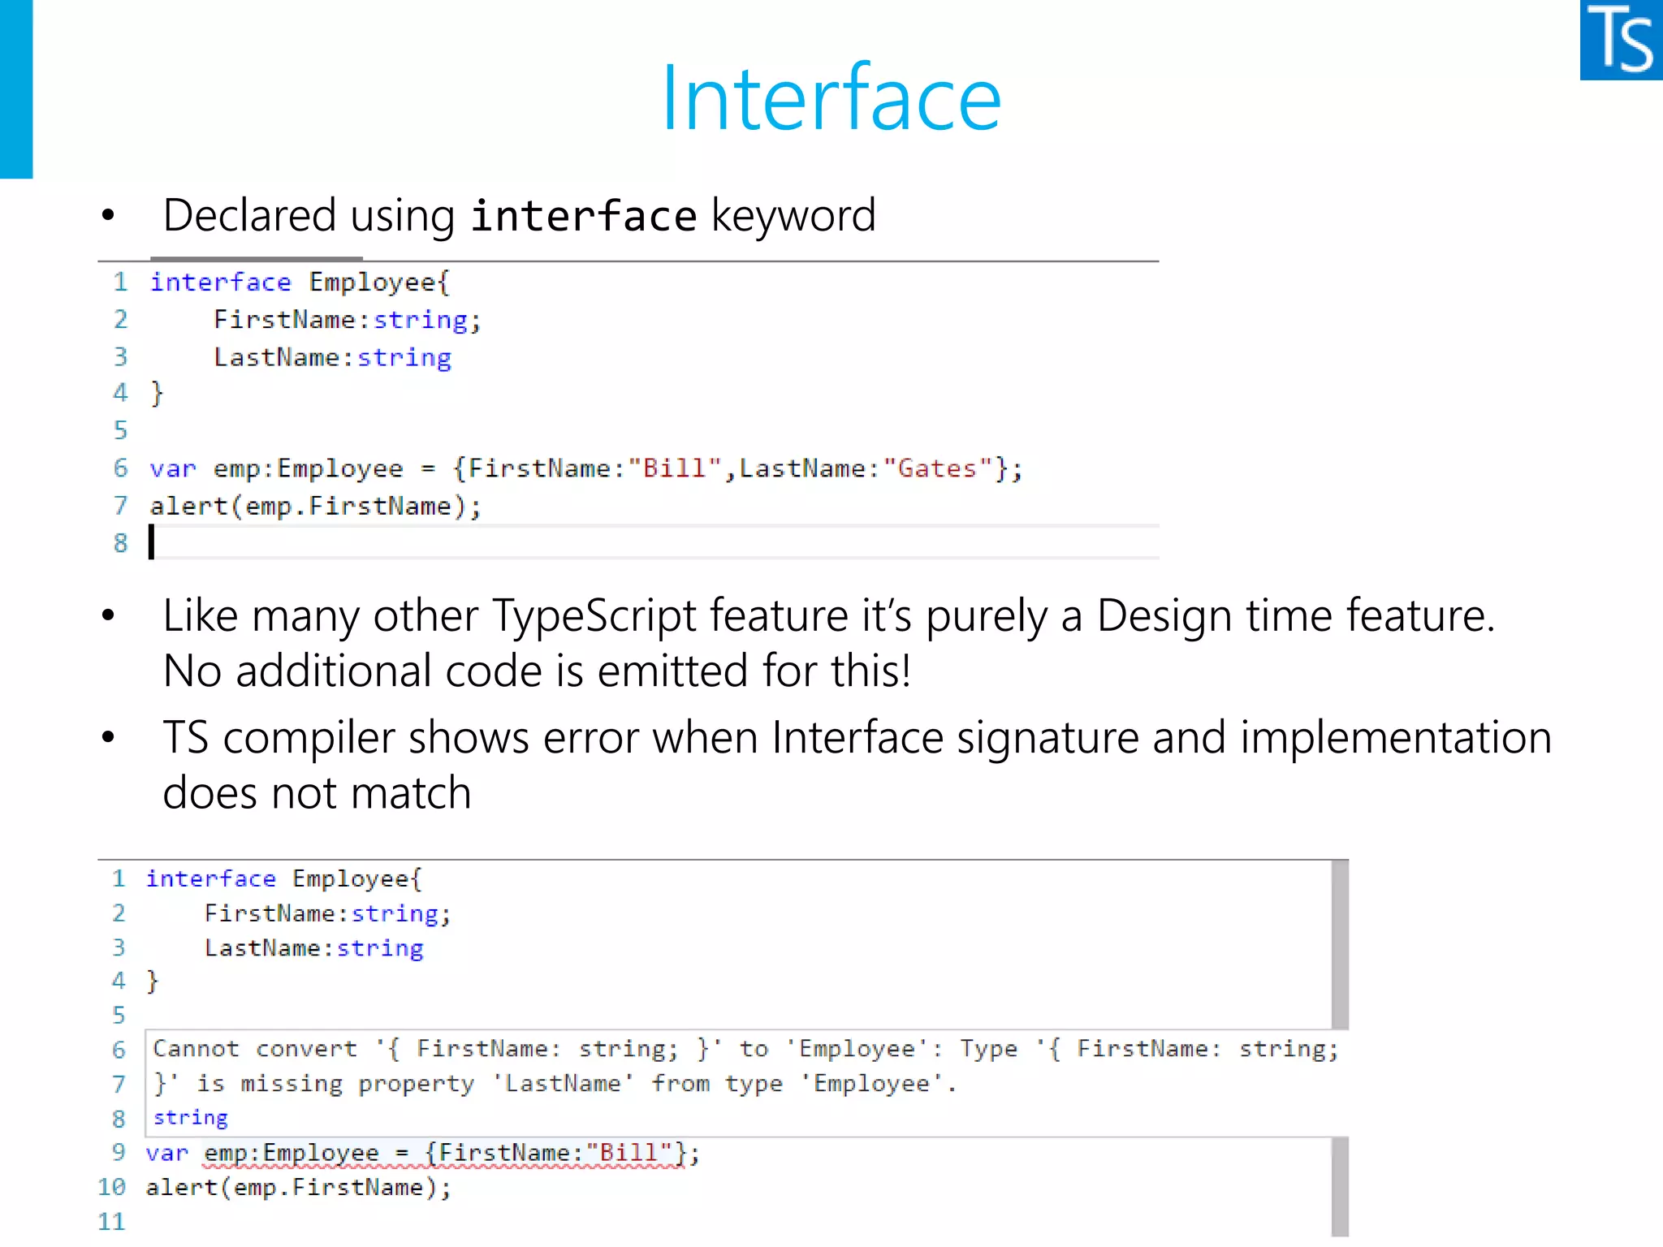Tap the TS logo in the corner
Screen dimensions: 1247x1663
tap(1621, 41)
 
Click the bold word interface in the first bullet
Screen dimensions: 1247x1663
tap(583, 217)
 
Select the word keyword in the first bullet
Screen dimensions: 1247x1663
tap(793, 216)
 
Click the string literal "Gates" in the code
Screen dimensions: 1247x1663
tap(937, 468)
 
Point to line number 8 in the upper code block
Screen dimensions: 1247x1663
tap(120, 543)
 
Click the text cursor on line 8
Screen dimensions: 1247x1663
tap(152, 542)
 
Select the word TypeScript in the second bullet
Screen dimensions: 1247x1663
tap(594, 615)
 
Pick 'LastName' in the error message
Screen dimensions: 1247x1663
tap(563, 1084)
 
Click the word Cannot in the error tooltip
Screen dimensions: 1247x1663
tap(196, 1049)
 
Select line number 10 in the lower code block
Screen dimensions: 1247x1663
tap(112, 1188)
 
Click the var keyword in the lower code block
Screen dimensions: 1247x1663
tap(166, 1154)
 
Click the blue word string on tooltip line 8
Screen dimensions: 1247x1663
tap(190, 1118)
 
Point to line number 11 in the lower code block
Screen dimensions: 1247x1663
tap(112, 1222)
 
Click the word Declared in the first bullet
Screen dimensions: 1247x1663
tap(249, 216)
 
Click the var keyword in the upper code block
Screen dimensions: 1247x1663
tap(172, 469)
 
